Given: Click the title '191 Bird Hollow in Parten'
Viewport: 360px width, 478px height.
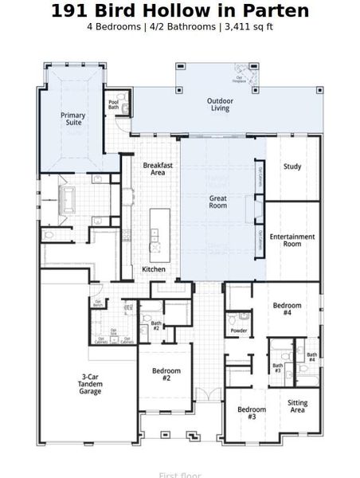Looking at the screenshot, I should click(x=180, y=11).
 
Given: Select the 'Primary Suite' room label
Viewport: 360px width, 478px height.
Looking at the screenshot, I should click(x=73, y=119).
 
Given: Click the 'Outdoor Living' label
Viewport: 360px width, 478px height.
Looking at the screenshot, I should click(x=220, y=104).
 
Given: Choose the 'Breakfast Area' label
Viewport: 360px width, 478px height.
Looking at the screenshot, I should click(x=158, y=169).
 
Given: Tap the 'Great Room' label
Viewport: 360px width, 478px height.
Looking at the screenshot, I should click(x=218, y=202).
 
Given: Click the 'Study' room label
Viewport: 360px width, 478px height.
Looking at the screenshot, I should click(x=292, y=167).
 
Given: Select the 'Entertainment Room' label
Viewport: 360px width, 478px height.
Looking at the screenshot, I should click(x=292, y=241).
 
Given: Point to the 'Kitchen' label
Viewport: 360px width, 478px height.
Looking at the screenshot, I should click(x=154, y=269).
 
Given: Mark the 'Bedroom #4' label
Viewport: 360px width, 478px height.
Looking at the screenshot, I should click(x=288, y=309).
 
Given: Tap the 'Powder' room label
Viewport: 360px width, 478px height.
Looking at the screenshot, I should click(x=238, y=331).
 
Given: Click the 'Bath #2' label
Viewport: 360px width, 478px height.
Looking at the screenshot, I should click(x=156, y=325).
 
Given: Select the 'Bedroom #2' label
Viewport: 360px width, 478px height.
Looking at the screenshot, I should click(x=166, y=374).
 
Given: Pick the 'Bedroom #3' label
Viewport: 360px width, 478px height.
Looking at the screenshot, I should click(x=252, y=413).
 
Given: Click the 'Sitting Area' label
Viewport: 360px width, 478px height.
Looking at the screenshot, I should click(x=297, y=406).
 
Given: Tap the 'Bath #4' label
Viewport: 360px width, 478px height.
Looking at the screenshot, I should click(x=312, y=358).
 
